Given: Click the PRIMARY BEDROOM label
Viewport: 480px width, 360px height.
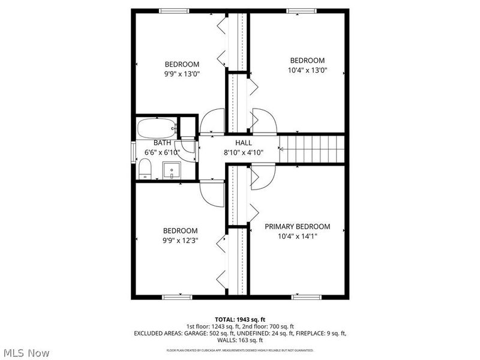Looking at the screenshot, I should [298, 226].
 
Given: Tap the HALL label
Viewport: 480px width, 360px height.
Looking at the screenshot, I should [244, 142].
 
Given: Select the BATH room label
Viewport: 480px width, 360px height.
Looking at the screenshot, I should [162, 143].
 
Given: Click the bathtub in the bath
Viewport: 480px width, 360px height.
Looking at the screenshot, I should [156, 128].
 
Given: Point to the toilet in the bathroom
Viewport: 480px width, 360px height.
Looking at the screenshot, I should [145, 169].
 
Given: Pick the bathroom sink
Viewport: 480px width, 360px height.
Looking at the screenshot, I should [173, 170].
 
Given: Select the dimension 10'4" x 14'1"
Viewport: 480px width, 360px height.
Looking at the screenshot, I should [298, 236].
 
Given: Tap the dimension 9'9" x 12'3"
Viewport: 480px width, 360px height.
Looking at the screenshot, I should [181, 240].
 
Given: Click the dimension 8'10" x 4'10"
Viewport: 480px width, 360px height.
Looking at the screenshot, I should [244, 152].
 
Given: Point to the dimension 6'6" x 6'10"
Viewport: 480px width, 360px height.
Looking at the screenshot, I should [162, 152].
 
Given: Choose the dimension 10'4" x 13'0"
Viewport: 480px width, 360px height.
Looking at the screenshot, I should [307, 70].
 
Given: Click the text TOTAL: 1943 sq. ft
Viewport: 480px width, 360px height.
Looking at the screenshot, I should [239, 319].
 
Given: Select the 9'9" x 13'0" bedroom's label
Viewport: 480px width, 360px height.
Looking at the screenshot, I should [182, 64].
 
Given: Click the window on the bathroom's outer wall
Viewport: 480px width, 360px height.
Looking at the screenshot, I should [134, 151].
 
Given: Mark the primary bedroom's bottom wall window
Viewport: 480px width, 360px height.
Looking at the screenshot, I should [302, 296].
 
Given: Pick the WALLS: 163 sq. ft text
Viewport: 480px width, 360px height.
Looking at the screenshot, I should [239, 340].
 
